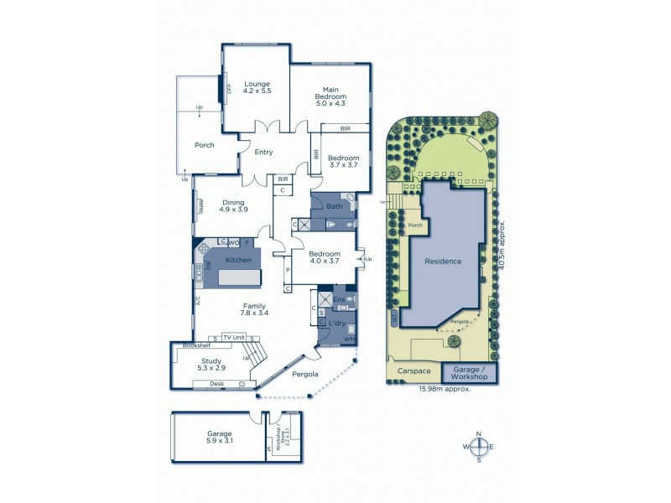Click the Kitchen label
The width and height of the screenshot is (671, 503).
(238, 261)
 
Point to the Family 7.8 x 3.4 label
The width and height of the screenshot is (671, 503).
(255, 309)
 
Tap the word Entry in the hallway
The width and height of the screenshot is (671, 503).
(263, 152)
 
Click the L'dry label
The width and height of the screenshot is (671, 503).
(338, 323)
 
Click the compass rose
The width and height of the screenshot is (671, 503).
(478, 447)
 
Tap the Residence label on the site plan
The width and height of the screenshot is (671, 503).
(442, 262)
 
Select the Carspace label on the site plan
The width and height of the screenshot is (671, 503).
(414, 370)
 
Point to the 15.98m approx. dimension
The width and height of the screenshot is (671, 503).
(445, 388)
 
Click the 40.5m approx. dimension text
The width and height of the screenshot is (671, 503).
(502, 242)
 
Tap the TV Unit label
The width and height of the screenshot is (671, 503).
(233, 337)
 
